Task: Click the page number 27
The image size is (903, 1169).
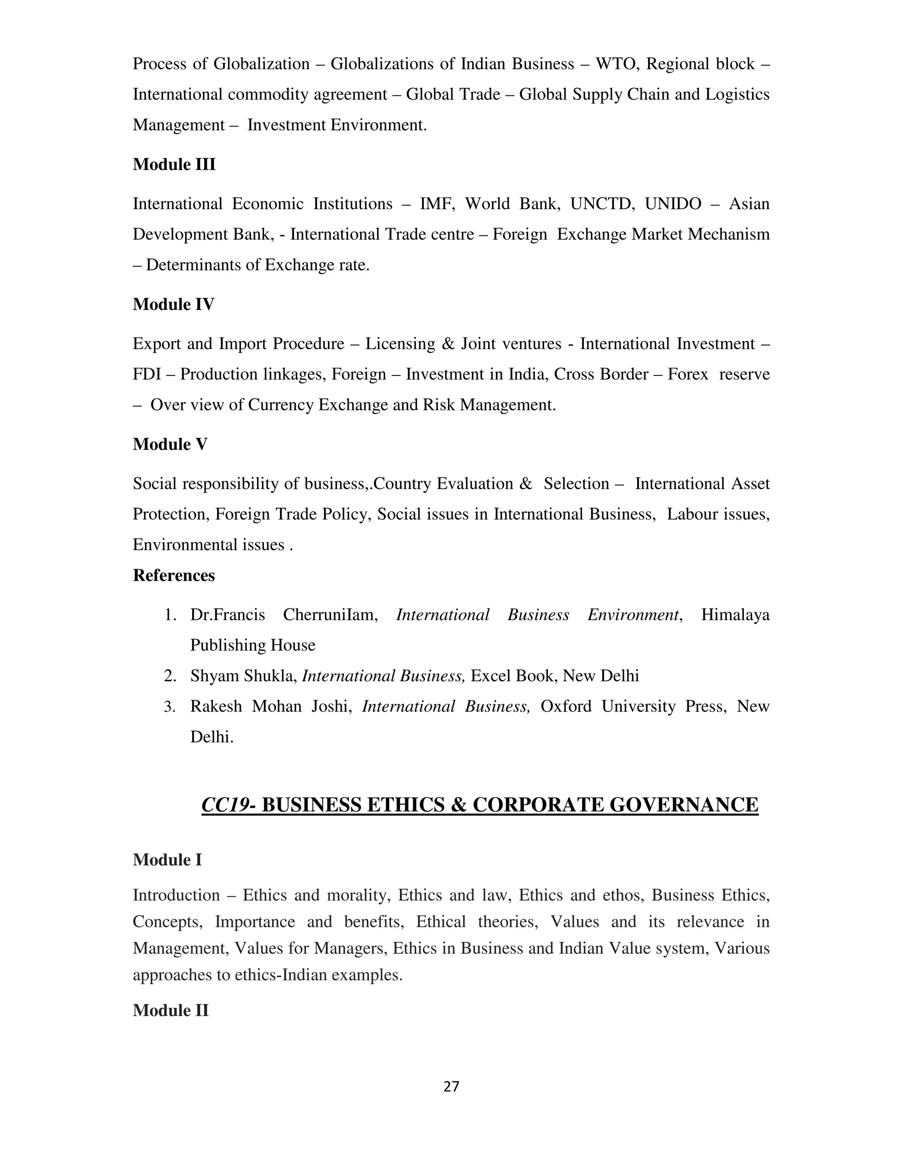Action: click(451, 1086)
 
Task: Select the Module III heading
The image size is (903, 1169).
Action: click(174, 165)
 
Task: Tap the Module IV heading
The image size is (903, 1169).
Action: click(173, 304)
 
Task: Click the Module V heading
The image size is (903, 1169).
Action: click(170, 444)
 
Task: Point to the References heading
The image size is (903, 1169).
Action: click(173, 575)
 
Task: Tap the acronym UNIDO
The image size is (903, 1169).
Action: click(672, 204)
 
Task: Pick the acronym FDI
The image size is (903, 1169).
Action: click(146, 374)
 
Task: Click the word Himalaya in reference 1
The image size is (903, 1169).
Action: click(735, 615)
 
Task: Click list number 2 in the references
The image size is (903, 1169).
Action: click(170, 676)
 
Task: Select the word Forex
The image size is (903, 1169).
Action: click(687, 374)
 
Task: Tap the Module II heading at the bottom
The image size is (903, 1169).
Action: click(170, 1011)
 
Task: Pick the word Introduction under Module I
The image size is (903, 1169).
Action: click(176, 895)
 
